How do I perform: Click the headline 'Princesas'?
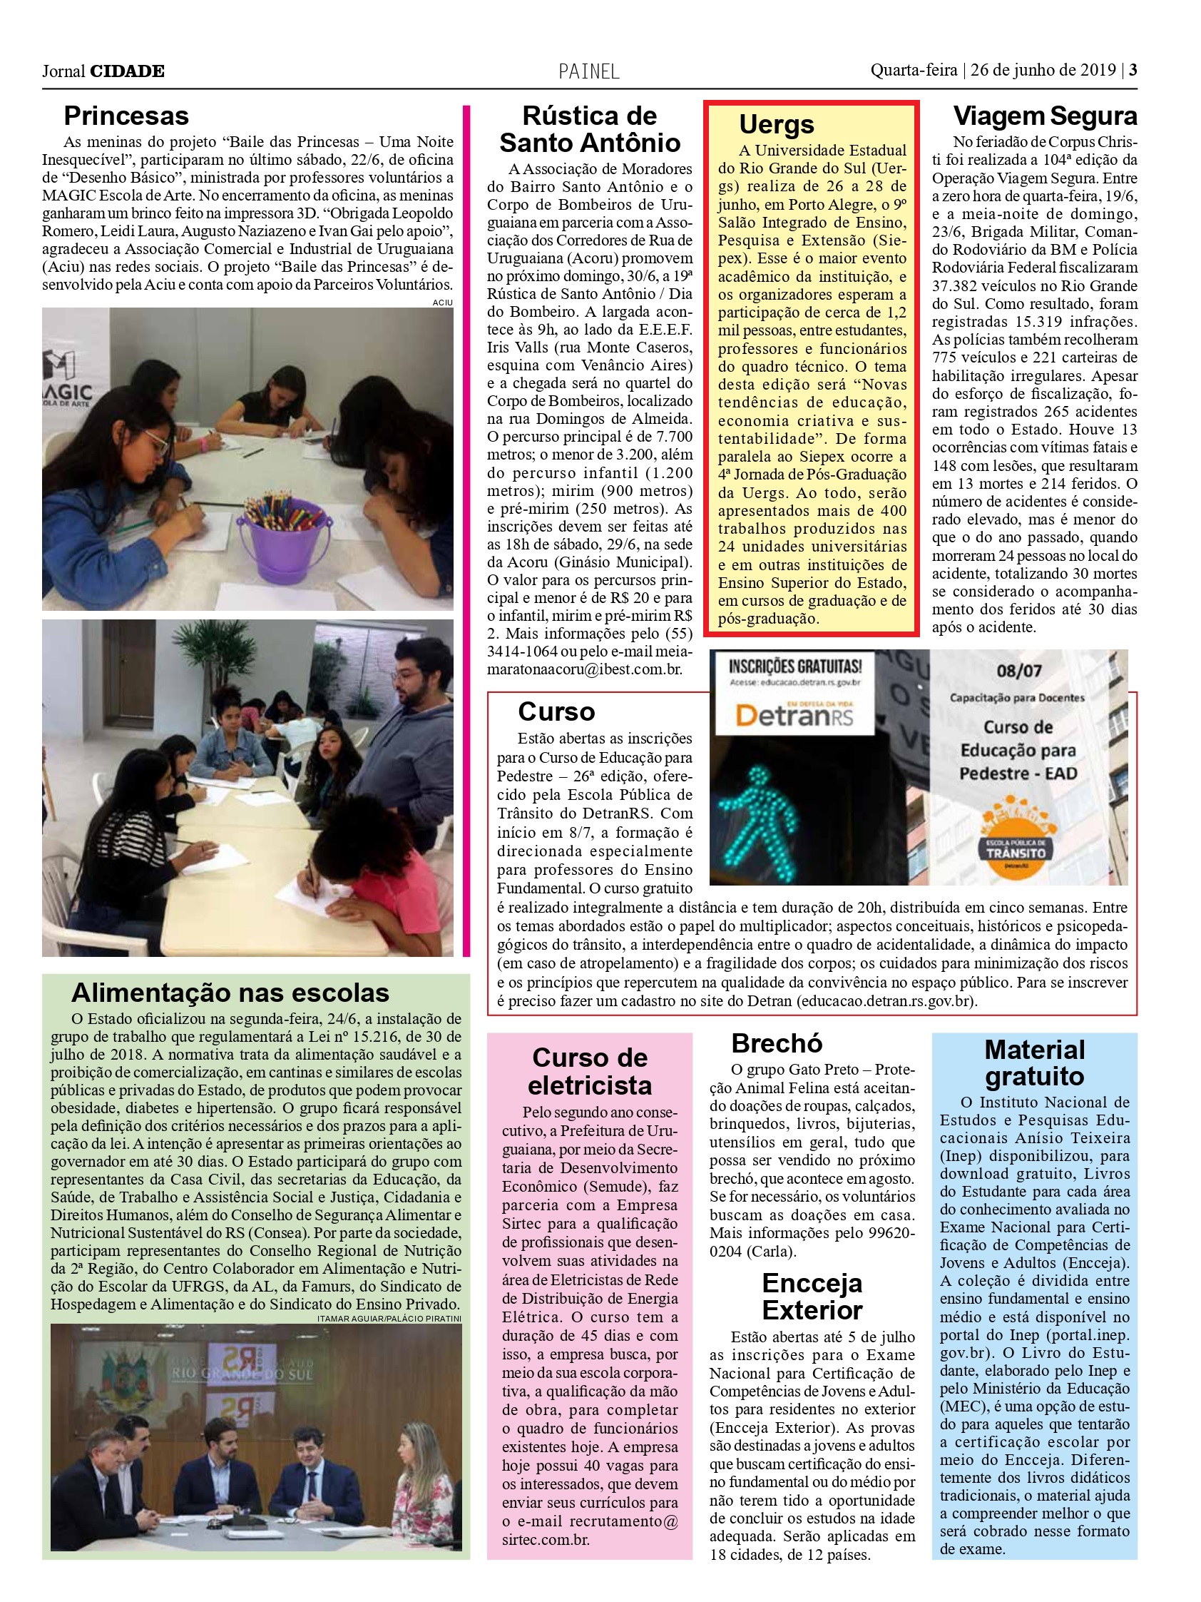click(126, 116)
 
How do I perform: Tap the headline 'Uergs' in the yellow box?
click(776, 125)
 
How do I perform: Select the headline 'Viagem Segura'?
click(1044, 116)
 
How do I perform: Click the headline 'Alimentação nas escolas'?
click(230, 992)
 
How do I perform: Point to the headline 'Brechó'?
click(777, 1043)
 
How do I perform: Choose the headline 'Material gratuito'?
click(1035, 1063)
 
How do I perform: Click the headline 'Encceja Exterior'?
click(812, 1297)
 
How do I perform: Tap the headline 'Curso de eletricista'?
click(589, 1071)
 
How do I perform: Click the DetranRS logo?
click(794, 716)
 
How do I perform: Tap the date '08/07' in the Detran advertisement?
click(1018, 671)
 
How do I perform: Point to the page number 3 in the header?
click(1133, 70)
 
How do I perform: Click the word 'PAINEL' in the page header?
click(588, 71)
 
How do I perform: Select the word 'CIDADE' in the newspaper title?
click(127, 71)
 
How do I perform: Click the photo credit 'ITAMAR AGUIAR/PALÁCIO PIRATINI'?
click(389, 1318)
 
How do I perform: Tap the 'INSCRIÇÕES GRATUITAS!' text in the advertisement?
click(794, 665)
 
